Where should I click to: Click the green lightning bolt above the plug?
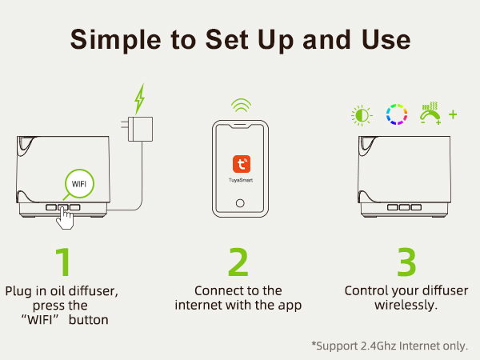point(139,99)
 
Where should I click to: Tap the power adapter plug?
point(138,129)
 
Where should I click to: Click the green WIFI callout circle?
point(79,183)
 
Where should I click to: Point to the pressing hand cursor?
point(65,218)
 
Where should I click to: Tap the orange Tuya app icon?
point(242,164)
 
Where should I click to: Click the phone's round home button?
point(240,203)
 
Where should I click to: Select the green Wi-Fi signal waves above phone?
point(242,105)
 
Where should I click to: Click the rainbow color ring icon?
point(397,114)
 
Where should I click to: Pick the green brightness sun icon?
point(362,115)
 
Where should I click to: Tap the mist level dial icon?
point(430,114)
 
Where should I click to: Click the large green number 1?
point(63,262)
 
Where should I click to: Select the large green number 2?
point(238,262)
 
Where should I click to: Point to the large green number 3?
point(406,262)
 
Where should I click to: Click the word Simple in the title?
point(116,39)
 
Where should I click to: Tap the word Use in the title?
point(386,39)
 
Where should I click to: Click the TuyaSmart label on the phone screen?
point(241,180)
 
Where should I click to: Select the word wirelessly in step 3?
point(406,306)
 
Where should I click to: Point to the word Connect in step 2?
point(217,291)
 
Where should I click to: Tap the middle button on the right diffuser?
point(404,207)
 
